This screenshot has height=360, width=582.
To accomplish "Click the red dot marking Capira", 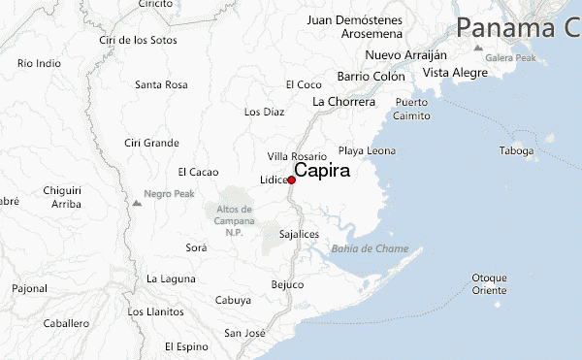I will (x=291, y=179).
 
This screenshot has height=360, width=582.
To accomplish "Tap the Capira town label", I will (x=322, y=170).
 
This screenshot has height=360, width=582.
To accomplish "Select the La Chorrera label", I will (x=343, y=101).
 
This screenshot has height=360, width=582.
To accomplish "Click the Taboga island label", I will (x=516, y=151).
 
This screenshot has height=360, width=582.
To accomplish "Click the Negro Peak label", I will (x=169, y=194).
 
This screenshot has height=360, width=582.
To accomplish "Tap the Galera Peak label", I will (x=511, y=57).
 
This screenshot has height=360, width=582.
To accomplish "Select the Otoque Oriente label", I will (x=489, y=283).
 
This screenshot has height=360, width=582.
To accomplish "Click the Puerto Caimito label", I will (x=411, y=109).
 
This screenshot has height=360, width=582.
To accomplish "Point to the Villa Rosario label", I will (x=297, y=156).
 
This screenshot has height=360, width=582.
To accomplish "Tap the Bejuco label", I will (x=287, y=284).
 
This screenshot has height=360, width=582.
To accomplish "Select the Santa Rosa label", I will (x=161, y=84).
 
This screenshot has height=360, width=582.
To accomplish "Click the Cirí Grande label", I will (x=151, y=143).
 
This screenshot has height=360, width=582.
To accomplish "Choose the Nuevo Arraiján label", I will (x=406, y=54).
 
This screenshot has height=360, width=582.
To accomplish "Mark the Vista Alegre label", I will (x=455, y=73).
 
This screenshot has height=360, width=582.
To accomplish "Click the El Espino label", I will (x=186, y=346).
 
